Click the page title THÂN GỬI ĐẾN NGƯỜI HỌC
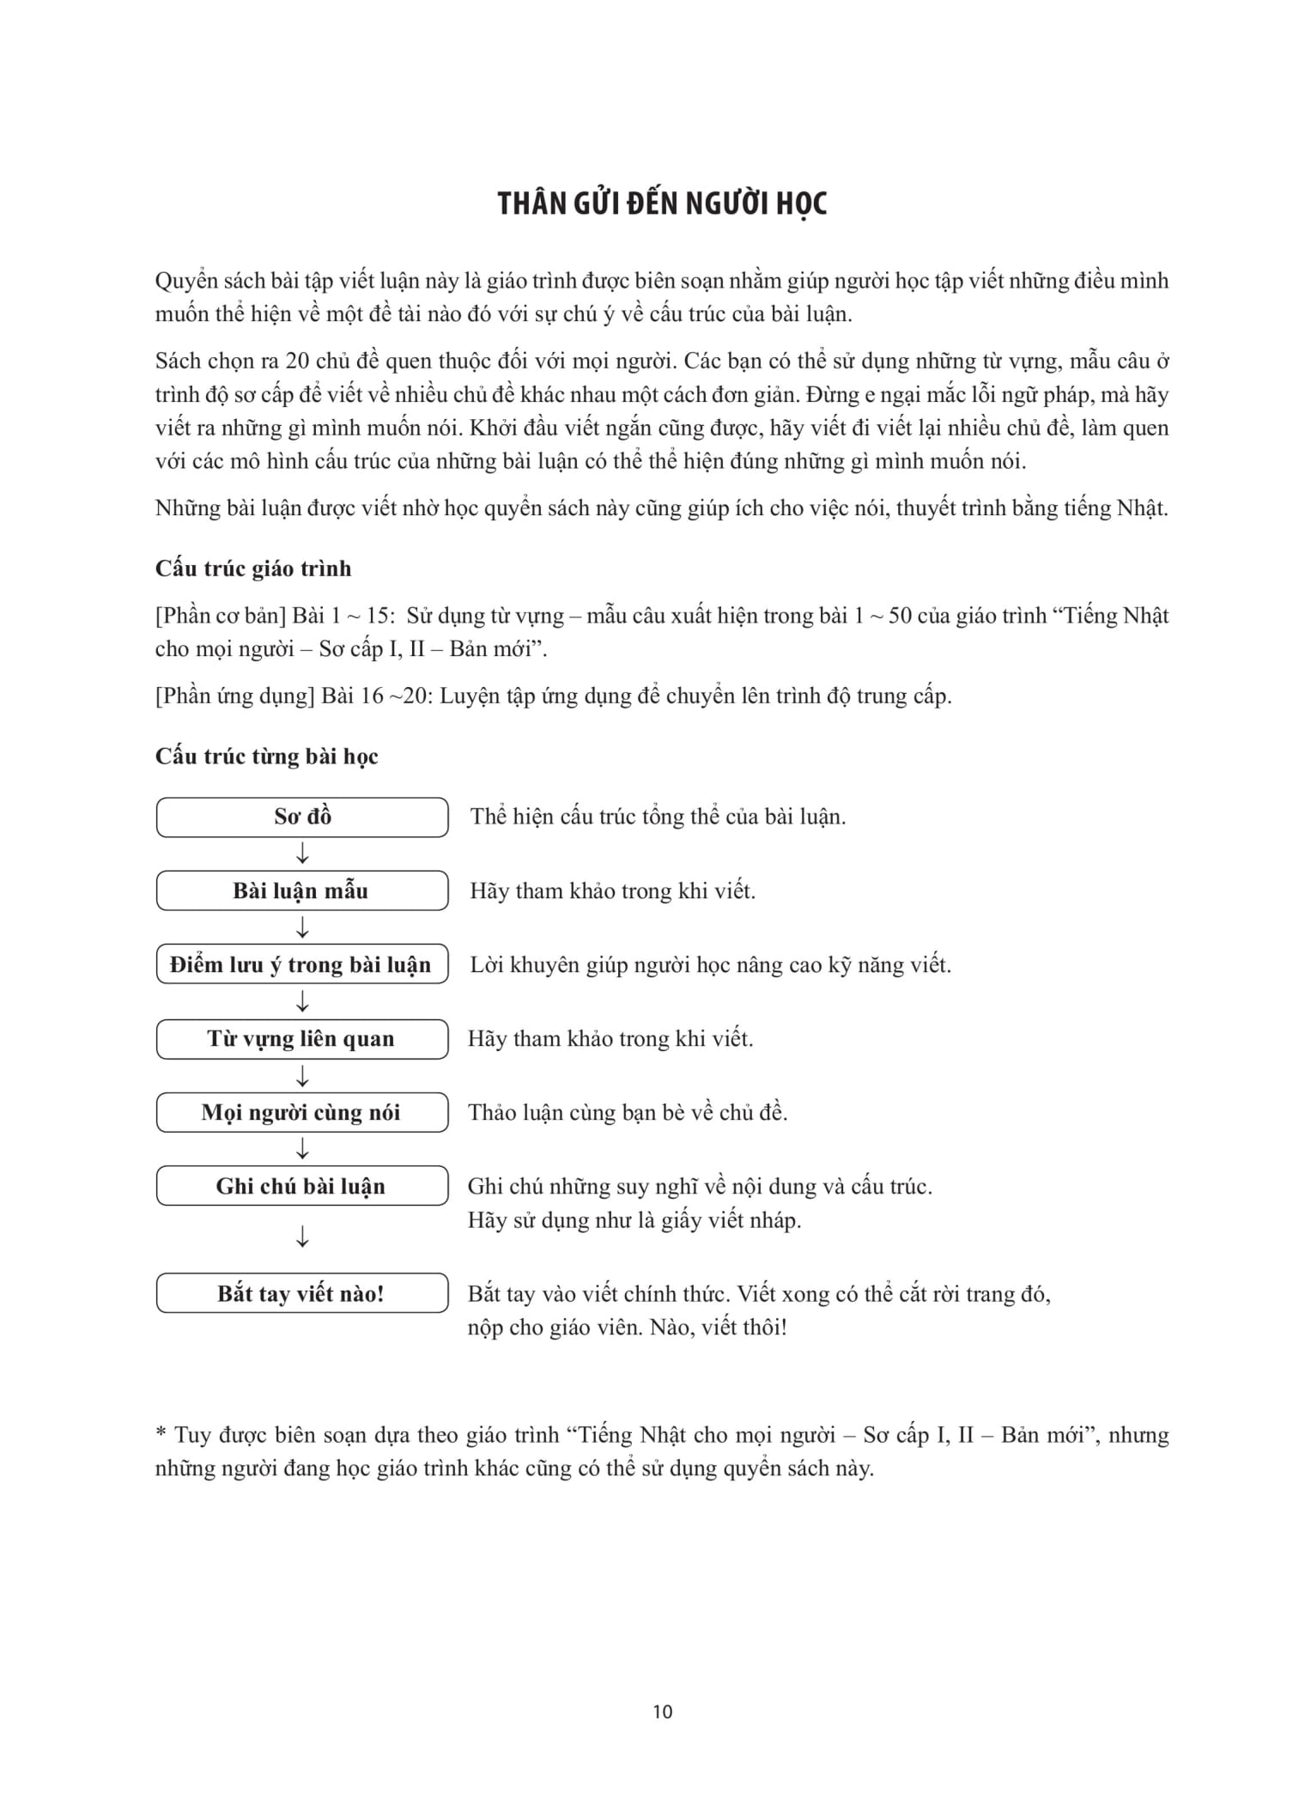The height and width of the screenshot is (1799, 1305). pos(662,204)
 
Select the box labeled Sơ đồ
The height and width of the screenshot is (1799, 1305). pos(302,817)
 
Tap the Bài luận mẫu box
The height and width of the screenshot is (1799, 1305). pos(302,890)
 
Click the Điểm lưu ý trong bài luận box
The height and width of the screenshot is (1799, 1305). pos(302,964)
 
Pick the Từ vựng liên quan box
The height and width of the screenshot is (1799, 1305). pos(302,1039)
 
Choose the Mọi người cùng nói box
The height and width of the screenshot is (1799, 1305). pos(302,1113)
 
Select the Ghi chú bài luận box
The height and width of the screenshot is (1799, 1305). pos(302,1187)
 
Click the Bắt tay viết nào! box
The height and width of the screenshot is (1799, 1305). pos(302,1293)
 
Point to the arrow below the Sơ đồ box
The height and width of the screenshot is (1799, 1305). pos(302,854)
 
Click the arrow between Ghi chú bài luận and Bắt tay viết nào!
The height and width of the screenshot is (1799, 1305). pos(302,1237)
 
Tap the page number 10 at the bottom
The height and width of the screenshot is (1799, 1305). pos(662,1712)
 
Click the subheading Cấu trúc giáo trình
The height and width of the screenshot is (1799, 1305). pos(253,568)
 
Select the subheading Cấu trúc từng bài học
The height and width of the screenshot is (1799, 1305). pos(266,757)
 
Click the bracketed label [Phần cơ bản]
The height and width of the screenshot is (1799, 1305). pos(221,616)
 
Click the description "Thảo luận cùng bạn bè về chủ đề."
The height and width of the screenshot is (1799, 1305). pos(628,1113)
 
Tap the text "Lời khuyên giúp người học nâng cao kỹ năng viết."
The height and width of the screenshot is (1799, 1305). pos(710,965)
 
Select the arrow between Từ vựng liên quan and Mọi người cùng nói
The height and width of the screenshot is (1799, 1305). pos(302,1076)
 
